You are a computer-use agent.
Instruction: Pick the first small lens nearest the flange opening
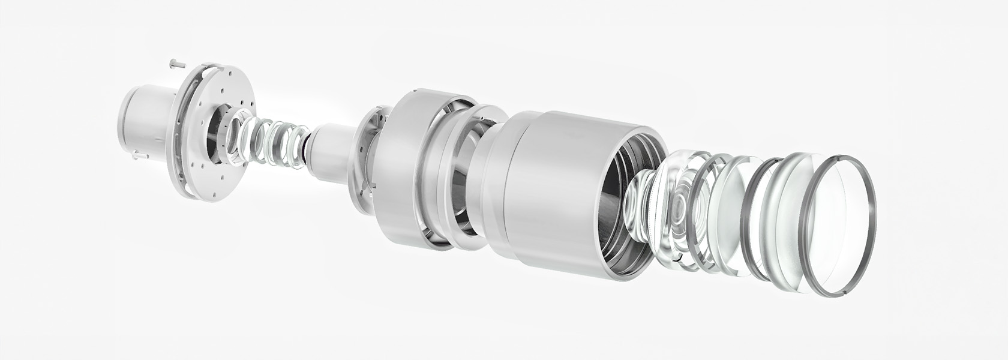[x=239, y=141]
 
